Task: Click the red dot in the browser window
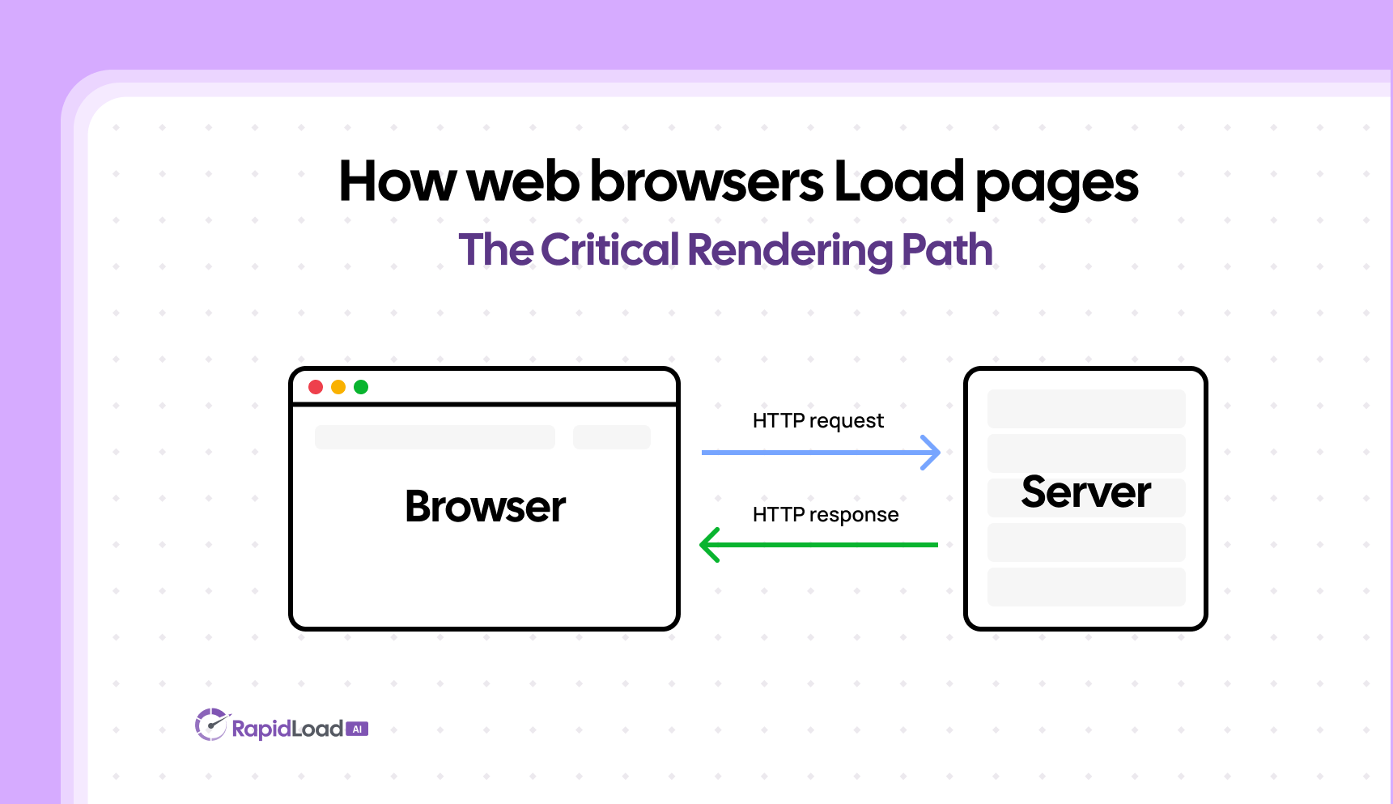316,387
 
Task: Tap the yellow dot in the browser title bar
338,387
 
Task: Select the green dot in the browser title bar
361,387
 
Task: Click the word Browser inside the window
485,507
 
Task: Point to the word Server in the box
1085,492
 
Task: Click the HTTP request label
818,421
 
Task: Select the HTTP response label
825,515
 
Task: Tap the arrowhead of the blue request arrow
932,453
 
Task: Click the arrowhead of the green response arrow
710,545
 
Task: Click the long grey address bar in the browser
435,437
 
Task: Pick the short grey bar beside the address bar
611,437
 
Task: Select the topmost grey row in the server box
1085,409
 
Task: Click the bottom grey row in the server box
1085,587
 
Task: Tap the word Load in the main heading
898,181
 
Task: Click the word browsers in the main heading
706,181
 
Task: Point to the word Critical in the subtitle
609,249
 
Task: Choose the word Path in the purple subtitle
946,249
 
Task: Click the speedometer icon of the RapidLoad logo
210,725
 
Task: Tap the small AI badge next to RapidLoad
357,730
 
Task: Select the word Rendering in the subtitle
790,249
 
